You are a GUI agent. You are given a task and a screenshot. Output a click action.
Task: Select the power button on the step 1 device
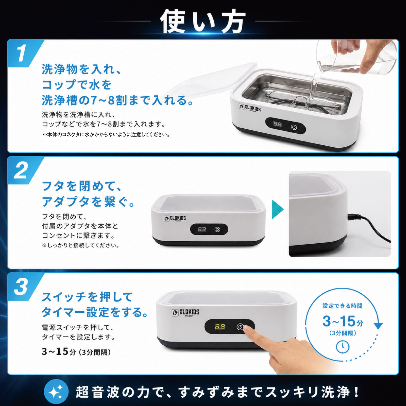pyautogui.click(x=294, y=127)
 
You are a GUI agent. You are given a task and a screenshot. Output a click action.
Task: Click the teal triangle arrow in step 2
pyautogui.click(x=277, y=209)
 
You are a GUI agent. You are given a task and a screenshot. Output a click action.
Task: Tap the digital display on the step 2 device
pyautogui.click(x=202, y=229)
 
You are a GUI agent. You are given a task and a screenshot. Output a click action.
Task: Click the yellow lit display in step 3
pyautogui.click(x=220, y=327)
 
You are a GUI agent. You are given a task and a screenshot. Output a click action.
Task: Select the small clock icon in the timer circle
pyautogui.click(x=343, y=346)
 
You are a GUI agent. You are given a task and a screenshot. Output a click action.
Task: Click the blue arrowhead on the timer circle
pyautogui.click(x=378, y=326)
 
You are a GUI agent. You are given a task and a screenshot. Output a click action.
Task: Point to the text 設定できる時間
pyautogui.click(x=342, y=306)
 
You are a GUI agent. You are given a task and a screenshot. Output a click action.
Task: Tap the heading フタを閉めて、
pyautogui.click(x=82, y=186)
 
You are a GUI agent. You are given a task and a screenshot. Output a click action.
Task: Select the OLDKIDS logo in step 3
pyautogui.click(x=185, y=313)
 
